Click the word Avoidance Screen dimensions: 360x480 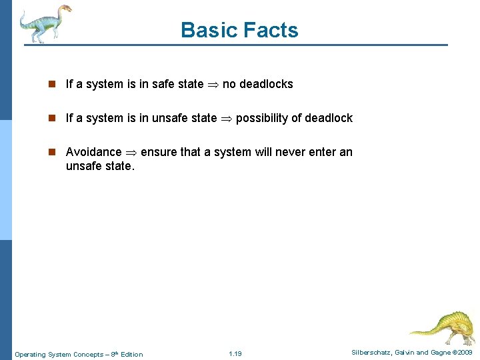coord(93,152)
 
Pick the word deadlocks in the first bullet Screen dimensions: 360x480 coord(266,84)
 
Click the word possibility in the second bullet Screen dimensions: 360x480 coord(262,118)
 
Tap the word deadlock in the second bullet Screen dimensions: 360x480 coord(329,118)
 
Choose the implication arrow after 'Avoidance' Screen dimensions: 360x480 coord(131,153)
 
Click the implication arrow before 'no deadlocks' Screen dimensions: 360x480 coord(213,85)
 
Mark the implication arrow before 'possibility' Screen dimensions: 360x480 coord(226,119)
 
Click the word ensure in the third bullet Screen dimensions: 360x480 coord(159,152)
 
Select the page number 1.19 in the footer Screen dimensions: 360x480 coord(235,354)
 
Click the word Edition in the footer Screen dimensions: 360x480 coord(131,354)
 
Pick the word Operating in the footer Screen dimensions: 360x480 coord(30,354)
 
